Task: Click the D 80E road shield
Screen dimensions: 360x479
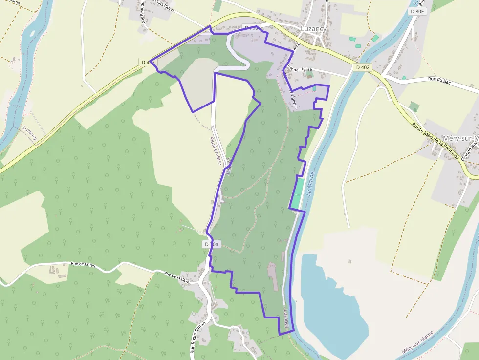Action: pos(418,11)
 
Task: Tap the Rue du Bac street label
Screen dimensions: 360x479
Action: pos(438,79)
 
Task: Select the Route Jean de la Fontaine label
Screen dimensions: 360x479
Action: pos(435,141)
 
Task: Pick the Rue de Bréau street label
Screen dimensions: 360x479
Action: pos(83,265)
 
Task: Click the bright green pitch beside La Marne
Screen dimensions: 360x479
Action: pos(297,193)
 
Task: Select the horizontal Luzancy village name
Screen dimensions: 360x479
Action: pos(313,29)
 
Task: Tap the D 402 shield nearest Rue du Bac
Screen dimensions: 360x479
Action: pos(362,67)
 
